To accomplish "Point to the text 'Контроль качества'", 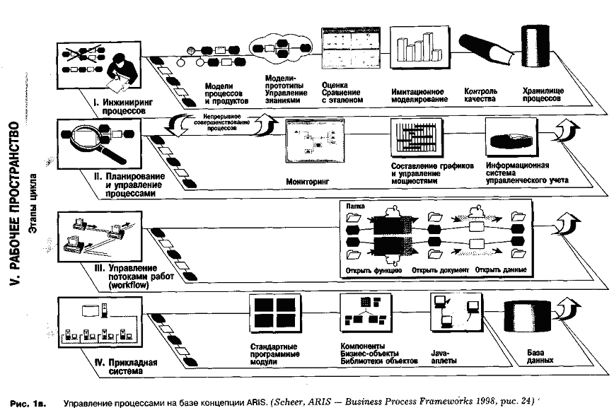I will click(x=480, y=95).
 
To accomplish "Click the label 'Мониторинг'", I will click(x=309, y=182).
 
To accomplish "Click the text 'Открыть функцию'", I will click(x=374, y=270).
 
